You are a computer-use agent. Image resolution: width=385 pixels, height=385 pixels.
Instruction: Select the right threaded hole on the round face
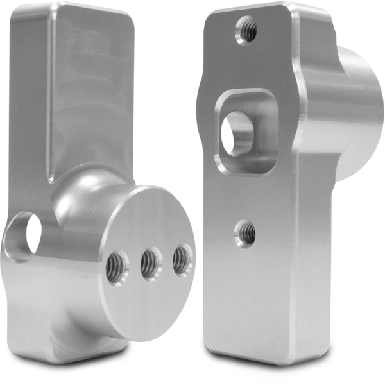click(x=181, y=259)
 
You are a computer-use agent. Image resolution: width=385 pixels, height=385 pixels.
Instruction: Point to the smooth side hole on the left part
click(x=24, y=234)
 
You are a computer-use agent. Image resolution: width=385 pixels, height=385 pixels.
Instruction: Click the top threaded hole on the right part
click(x=247, y=28)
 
